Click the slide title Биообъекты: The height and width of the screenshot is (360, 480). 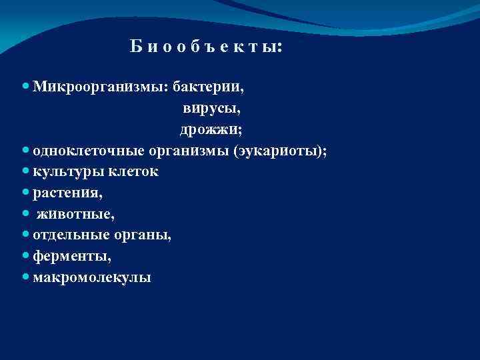[x=206, y=47]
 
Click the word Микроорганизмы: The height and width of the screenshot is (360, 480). [x=101, y=87]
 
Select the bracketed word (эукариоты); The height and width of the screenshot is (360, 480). [x=280, y=151]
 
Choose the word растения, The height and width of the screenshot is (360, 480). [x=67, y=193]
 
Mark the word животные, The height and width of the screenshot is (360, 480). [x=75, y=214]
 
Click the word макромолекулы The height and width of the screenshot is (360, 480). [x=91, y=277]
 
